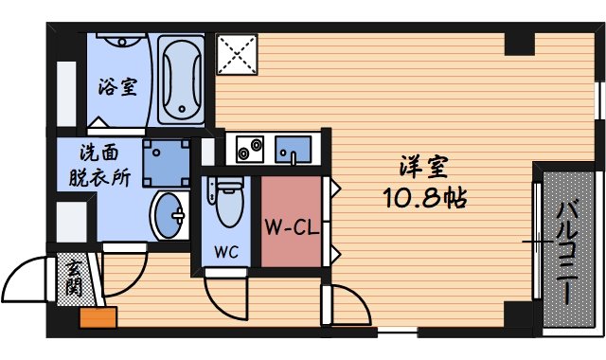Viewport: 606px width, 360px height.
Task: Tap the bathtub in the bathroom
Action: click(181, 81)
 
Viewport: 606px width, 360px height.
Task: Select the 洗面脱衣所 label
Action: click(99, 164)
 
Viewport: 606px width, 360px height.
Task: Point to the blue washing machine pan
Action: click(167, 160)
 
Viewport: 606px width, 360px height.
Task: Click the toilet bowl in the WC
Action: click(227, 201)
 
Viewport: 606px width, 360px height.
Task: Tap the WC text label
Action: click(225, 253)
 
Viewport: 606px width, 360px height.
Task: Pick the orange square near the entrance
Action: click(98, 317)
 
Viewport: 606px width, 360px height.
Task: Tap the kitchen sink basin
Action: click(293, 150)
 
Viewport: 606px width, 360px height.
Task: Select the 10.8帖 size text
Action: click(423, 200)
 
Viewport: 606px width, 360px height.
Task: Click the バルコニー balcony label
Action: click(568, 250)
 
